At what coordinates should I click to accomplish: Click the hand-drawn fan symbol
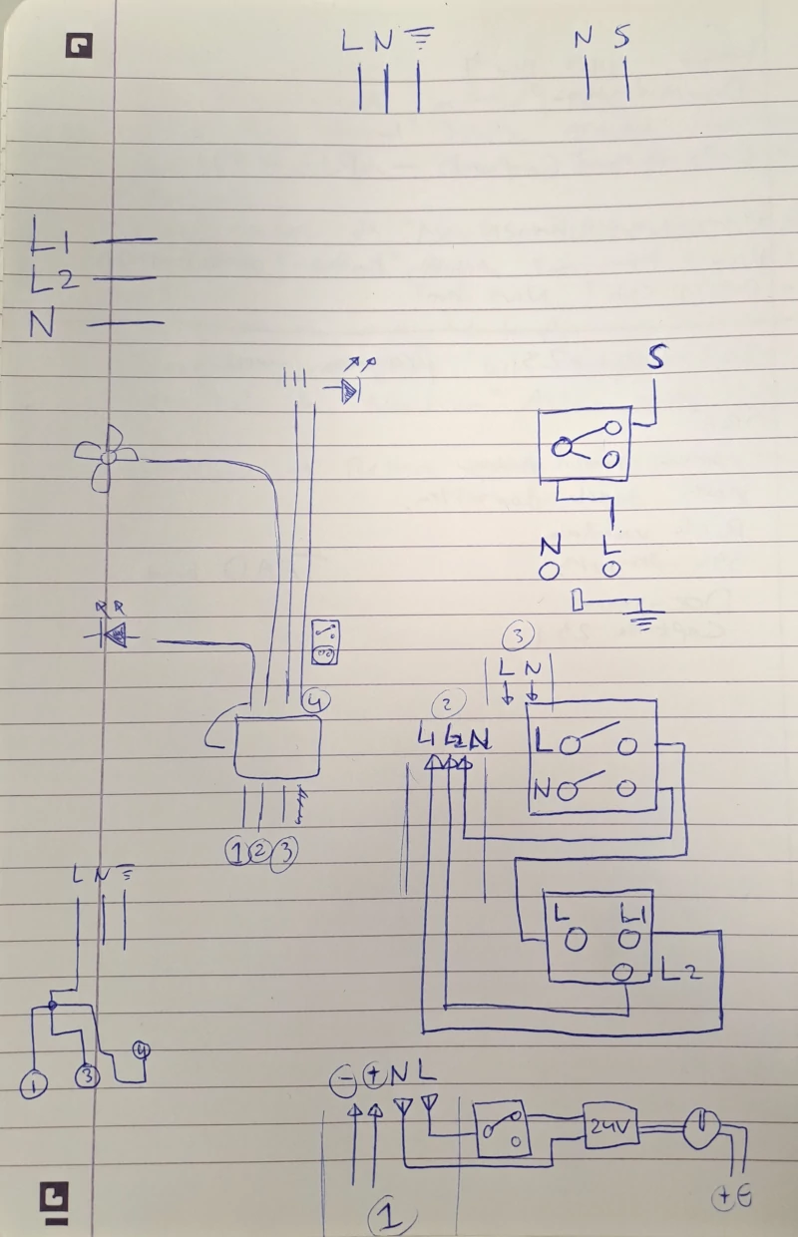(x=106, y=457)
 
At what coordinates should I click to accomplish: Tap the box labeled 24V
(x=609, y=1126)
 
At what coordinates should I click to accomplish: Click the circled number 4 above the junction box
(x=314, y=702)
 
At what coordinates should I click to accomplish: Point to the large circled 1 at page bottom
(x=390, y=1216)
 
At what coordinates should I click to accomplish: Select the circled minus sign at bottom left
(x=344, y=1077)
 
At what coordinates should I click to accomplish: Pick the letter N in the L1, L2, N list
(x=43, y=325)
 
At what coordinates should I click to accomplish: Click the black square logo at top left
(x=79, y=45)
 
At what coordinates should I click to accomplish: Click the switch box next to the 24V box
(x=503, y=1129)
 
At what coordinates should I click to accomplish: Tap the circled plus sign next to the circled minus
(x=374, y=1075)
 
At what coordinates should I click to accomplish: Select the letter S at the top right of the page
(x=622, y=38)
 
